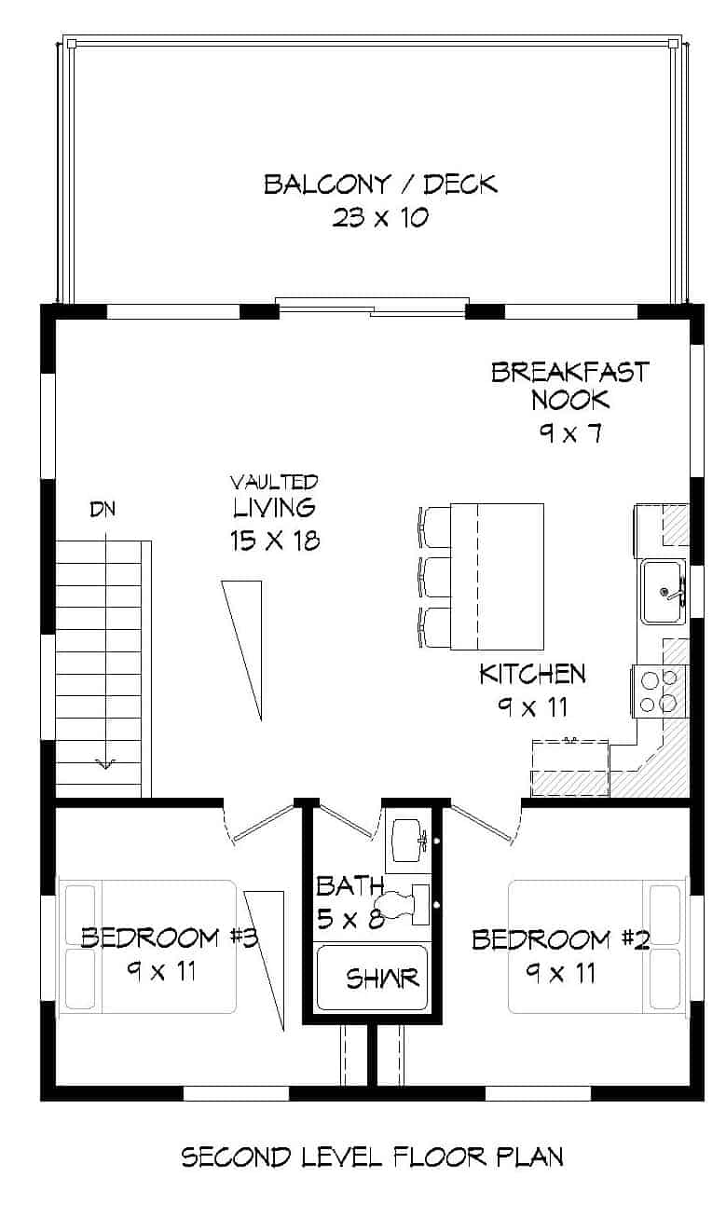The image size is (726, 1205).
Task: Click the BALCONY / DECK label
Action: coord(380,184)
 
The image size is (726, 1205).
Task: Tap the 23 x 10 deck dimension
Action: coord(379,218)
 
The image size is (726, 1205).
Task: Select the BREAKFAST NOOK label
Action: coord(569,386)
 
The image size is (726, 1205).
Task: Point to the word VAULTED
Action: coord(274,482)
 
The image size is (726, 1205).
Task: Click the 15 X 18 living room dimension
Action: coord(274,540)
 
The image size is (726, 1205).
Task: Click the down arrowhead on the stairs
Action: coord(104,763)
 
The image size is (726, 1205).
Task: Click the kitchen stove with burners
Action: coord(659,691)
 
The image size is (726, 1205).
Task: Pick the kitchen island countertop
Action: coord(497,576)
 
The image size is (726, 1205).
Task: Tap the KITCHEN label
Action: coord(532,673)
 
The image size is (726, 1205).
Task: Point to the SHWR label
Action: coord(382,979)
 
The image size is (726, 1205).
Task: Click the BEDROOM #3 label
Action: coord(169,937)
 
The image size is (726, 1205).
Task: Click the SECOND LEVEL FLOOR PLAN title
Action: coord(372,1157)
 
